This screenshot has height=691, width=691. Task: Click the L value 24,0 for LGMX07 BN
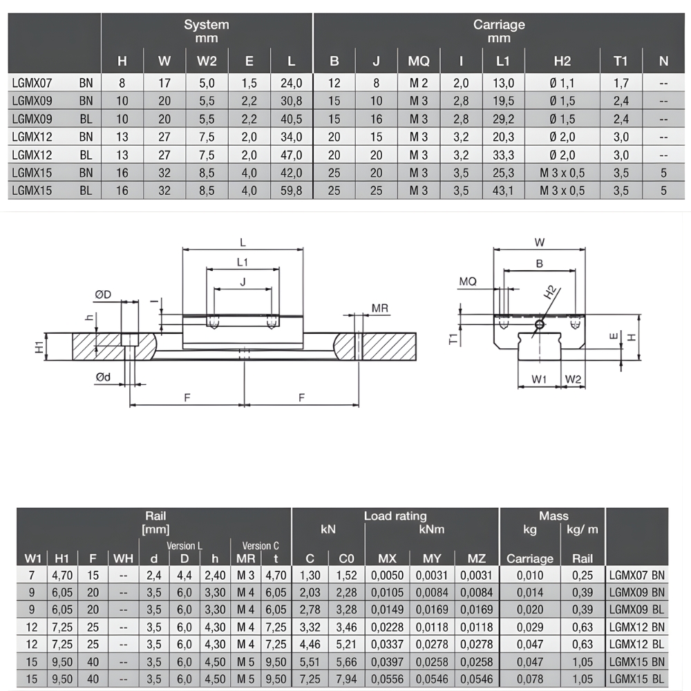pos(292,83)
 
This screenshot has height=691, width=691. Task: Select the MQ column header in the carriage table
pos(418,61)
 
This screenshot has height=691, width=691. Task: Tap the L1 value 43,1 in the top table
pos(503,191)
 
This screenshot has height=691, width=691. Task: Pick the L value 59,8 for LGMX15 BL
pos(292,191)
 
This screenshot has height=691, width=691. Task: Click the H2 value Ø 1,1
pos(562,83)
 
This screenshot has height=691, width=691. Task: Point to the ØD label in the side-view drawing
pos(103,294)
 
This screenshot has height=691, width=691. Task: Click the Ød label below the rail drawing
pos(103,377)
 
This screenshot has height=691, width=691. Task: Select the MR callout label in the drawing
pos(380,308)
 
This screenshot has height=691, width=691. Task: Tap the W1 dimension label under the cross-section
pos(538,379)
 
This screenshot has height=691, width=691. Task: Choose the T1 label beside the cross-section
pos(453,339)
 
